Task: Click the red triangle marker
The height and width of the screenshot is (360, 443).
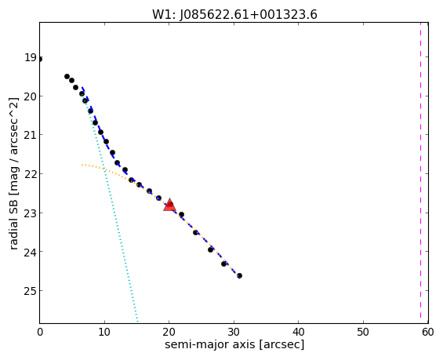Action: click(169, 205)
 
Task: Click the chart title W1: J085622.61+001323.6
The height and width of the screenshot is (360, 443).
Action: click(234, 15)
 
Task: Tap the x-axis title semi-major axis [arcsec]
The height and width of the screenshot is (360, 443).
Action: click(234, 345)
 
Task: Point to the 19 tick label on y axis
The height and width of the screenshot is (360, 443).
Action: click(31, 57)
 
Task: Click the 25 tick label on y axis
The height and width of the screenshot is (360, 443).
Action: click(31, 290)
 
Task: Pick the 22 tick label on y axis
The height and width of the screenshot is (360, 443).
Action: click(31, 174)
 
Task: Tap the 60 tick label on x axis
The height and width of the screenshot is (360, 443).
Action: click(428, 333)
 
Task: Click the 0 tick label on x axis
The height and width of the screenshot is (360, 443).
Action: click(40, 333)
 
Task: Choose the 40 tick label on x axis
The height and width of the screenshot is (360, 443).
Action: click(299, 333)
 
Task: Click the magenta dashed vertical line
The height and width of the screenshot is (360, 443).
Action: click(420, 173)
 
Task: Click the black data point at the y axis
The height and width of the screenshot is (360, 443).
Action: click(40, 59)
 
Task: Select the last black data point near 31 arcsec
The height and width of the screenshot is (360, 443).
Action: click(239, 275)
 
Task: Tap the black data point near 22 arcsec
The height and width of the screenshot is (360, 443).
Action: click(181, 214)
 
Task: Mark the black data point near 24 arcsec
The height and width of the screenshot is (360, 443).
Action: click(195, 232)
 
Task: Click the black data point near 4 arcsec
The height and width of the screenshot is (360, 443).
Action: click(67, 76)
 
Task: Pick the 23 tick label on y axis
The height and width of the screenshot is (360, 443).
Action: click(31, 213)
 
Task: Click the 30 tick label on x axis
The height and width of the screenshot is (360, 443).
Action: click(234, 333)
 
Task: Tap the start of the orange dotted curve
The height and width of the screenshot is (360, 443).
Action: click(82, 165)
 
